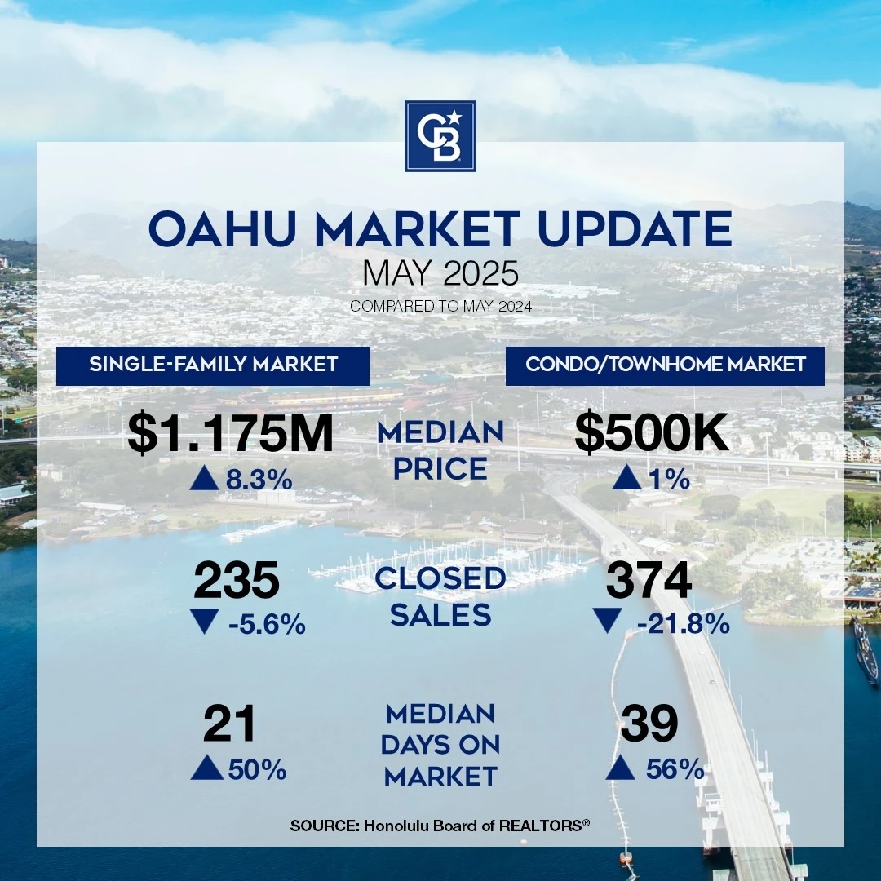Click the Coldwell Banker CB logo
[440, 136]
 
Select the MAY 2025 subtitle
[440, 274]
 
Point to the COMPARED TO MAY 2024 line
[440, 306]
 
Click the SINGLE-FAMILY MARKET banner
[213, 365]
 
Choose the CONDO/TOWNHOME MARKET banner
[666, 365]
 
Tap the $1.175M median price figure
[230, 434]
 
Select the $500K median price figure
[652, 434]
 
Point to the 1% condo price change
[669, 480]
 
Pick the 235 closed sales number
[236, 581]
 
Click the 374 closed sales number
[649, 581]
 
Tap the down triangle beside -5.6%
[204, 622]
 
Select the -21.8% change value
[684, 624]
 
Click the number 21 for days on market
[229, 724]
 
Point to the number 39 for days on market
[649, 724]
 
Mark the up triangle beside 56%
[620, 768]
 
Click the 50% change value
[257, 769]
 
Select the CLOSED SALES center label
[440, 596]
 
